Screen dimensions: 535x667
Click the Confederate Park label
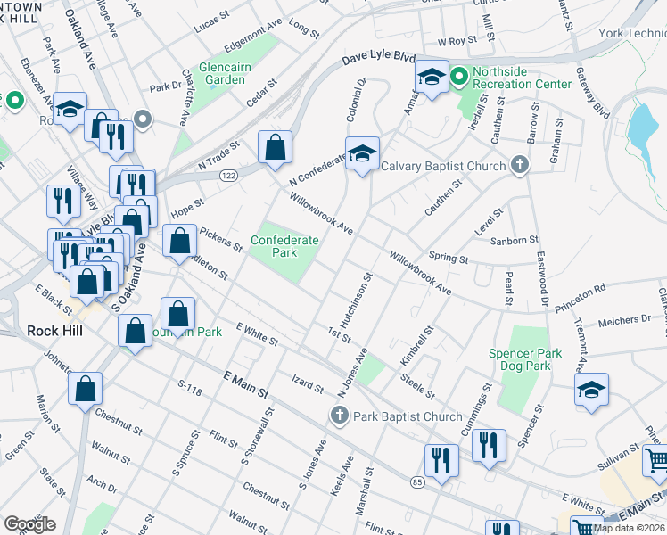[x=284, y=246]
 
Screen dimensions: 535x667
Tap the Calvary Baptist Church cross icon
[x=520, y=165]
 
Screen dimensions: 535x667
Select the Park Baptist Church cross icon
[x=338, y=416]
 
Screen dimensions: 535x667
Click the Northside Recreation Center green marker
[x=459, y=78]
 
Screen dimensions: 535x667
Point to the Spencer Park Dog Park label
[x=525, y=359]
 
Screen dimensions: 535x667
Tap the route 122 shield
[x=229, y=177]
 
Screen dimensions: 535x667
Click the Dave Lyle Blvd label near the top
[x=379, y=60]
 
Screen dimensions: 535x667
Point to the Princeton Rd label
[x=580, y=289]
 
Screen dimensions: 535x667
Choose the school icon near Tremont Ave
[x=591, y=390]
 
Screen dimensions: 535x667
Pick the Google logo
[x=29, y=524]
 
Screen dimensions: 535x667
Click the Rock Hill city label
[x=55, y=330]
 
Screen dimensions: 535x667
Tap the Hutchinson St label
[x=354, y=300]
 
